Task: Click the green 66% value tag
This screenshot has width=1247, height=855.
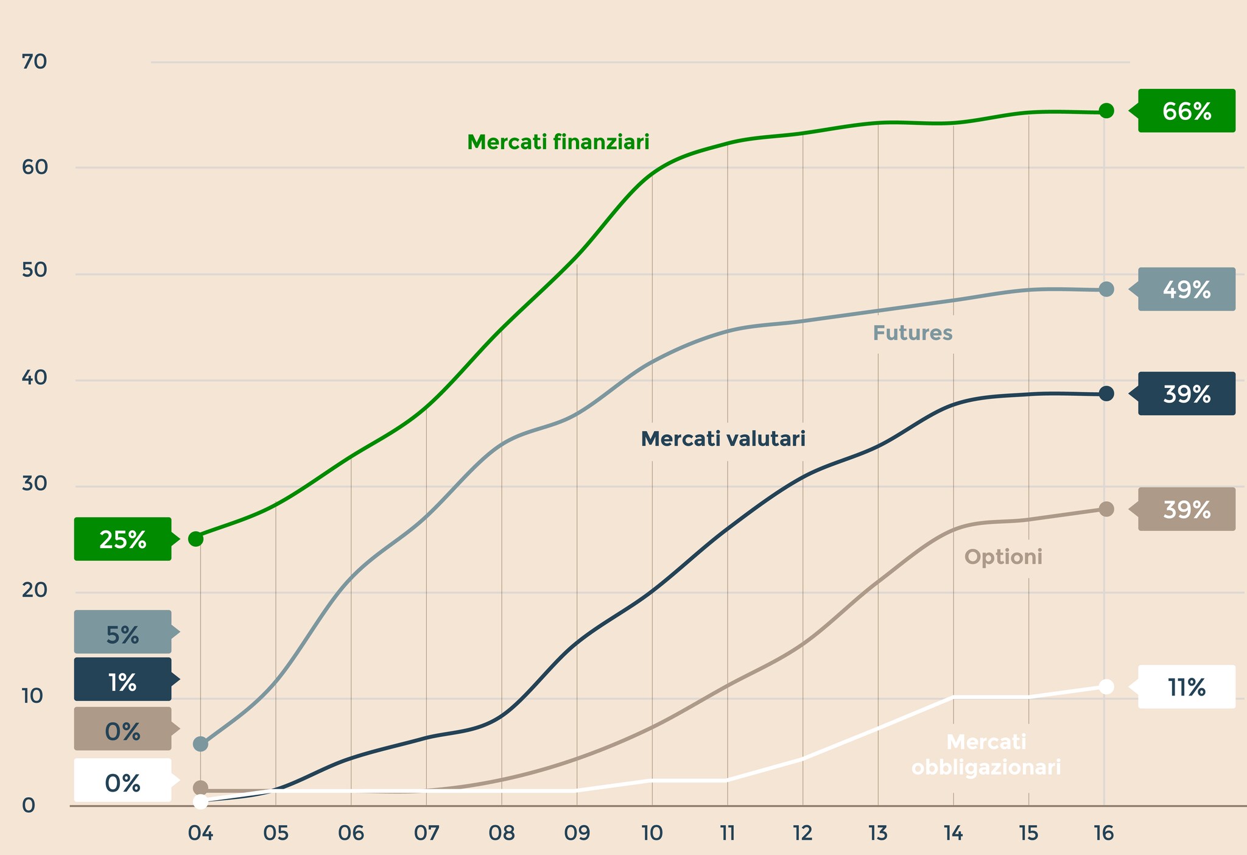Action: click(1186, 111)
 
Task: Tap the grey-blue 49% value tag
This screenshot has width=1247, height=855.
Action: click(1186, 289)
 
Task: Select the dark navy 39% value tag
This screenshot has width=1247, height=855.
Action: click(1186, 394)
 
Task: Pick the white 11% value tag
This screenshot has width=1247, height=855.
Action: click(1186, 687)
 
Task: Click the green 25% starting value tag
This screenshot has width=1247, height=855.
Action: click(122, 539)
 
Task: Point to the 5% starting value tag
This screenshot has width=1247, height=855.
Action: click(122, 632)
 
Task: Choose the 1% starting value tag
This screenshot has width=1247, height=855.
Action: click(122, 680)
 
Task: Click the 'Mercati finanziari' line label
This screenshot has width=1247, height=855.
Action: click(558, 142)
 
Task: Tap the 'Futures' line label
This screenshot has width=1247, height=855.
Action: click(912, 333)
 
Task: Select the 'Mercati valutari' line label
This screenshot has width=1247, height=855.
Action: click(723, 438)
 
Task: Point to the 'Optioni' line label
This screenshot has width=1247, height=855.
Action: click(1003, 557)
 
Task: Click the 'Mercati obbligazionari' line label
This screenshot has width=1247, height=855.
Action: click(986, 755)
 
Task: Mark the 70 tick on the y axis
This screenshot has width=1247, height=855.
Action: click(34, 62)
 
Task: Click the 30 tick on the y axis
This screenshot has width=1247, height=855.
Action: click(34, 484)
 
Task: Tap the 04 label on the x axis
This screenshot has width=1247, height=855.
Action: click(200, 832)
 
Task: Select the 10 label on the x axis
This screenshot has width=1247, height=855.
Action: click(652, 832)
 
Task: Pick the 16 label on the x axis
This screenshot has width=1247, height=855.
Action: click(1103, 832)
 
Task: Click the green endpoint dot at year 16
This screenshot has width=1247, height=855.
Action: click(1106, 111)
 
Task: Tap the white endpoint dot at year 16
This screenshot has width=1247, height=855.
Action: click(1106, 687)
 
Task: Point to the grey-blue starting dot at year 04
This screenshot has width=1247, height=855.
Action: click(200, 744)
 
